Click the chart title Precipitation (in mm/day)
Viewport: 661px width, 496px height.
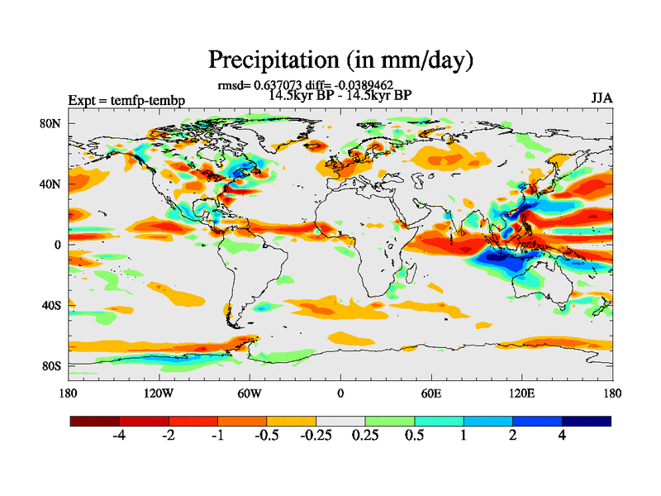[x=340, y=60]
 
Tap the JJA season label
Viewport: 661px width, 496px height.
[x=602, y=98]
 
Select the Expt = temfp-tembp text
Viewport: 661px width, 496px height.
[x=126, y=100]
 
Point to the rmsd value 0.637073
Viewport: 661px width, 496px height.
[x=279, y=84]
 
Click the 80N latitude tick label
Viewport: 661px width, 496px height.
[x=51, y=123]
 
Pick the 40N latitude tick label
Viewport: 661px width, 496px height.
[x=51, y=184]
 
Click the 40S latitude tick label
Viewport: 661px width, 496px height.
[x=51, y=305]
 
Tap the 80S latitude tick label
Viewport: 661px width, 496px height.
[x=51, y=365]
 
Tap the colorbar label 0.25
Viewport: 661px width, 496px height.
[x=364, y=436]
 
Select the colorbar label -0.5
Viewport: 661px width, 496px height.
[x=266, y=436]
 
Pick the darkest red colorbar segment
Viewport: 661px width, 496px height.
[x=95, y=421]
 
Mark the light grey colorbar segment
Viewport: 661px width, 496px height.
[x=340, y=421]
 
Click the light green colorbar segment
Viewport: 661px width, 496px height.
[x=389, y=421]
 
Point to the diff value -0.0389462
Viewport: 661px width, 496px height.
[x=357, y=84]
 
